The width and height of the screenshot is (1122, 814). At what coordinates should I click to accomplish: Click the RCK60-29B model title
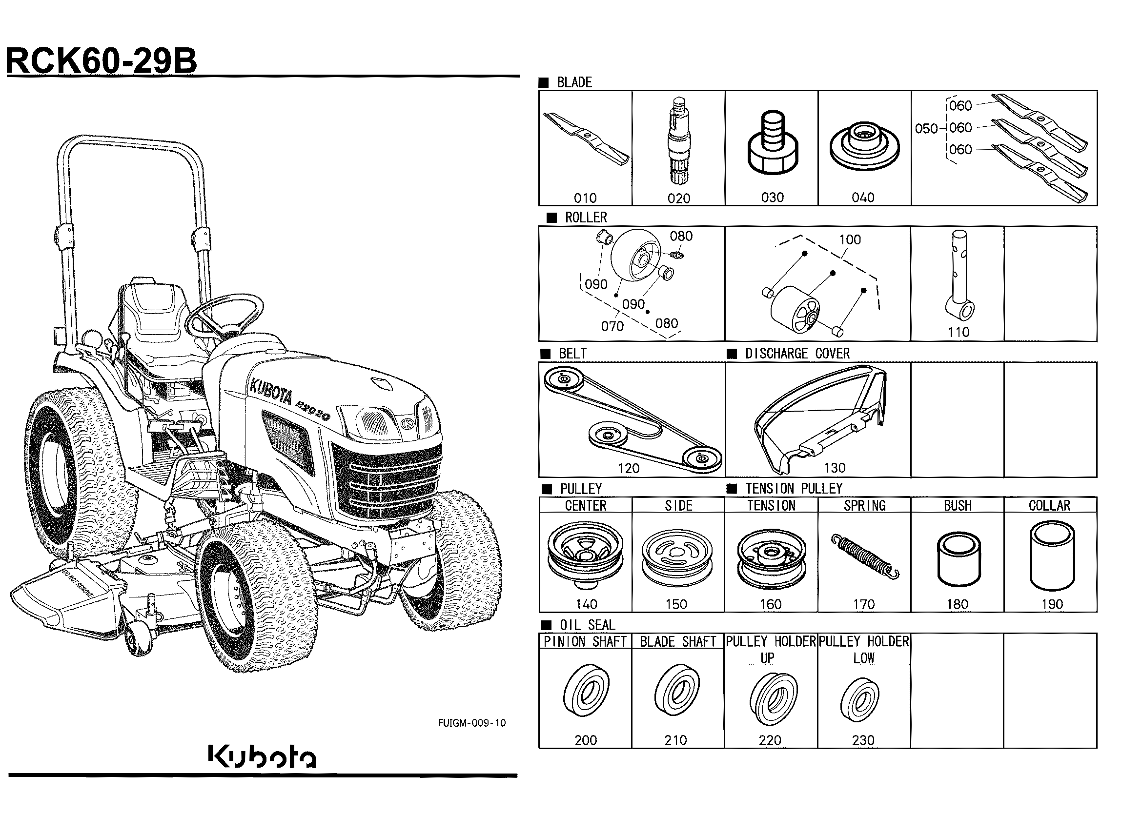(x=102, y=61)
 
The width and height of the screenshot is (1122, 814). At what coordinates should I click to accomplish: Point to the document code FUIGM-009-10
(x=471, y=723)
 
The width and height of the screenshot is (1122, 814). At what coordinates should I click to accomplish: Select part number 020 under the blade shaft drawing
(x=678, y=199)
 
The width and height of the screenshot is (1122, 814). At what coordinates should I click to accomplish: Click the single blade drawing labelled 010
(x=586, y=138)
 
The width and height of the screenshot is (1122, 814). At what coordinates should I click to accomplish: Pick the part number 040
(x=863, y=198)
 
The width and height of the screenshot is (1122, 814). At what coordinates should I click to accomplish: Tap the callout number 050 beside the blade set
(x=926, y=129)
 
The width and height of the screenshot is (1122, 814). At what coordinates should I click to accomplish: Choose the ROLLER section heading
(x=586, y=218)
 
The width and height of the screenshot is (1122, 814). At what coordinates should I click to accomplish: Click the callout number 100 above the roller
(x=850, y=240)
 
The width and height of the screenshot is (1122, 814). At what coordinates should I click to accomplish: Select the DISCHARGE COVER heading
(x=797, y=354)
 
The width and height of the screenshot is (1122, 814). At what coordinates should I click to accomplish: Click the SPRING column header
(x=864, y=505)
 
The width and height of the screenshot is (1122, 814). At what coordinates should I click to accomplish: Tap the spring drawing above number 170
(x=865, y=556)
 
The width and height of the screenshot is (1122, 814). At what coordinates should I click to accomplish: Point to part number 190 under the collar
(x=1051, y=604)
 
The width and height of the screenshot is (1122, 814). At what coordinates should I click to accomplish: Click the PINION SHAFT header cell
(x=585, y=641)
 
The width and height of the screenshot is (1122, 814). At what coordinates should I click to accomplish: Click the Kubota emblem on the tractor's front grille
(x=408, y=423)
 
